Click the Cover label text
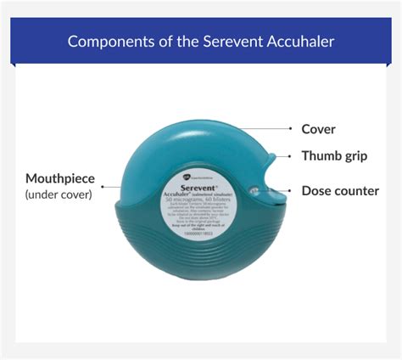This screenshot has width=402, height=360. click(319, 129)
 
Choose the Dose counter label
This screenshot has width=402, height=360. click(340, 191)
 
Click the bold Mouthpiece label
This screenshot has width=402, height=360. click(60, 179)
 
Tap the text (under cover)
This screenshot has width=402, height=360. click(59, 195)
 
